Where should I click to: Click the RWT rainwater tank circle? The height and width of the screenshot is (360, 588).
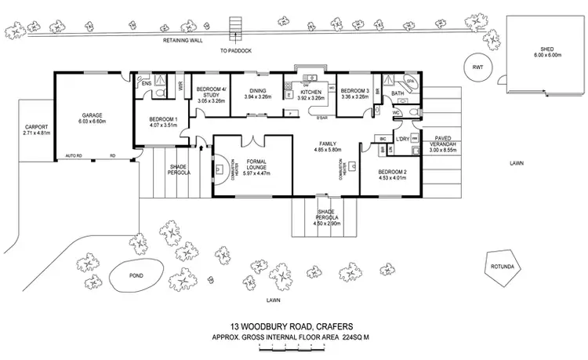[x=476, y=67]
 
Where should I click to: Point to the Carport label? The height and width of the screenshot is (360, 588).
[x=36, y=126]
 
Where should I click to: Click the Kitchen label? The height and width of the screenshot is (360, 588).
[x=310, y=93]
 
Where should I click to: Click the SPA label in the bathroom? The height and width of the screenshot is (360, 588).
[x=409, y=81]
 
